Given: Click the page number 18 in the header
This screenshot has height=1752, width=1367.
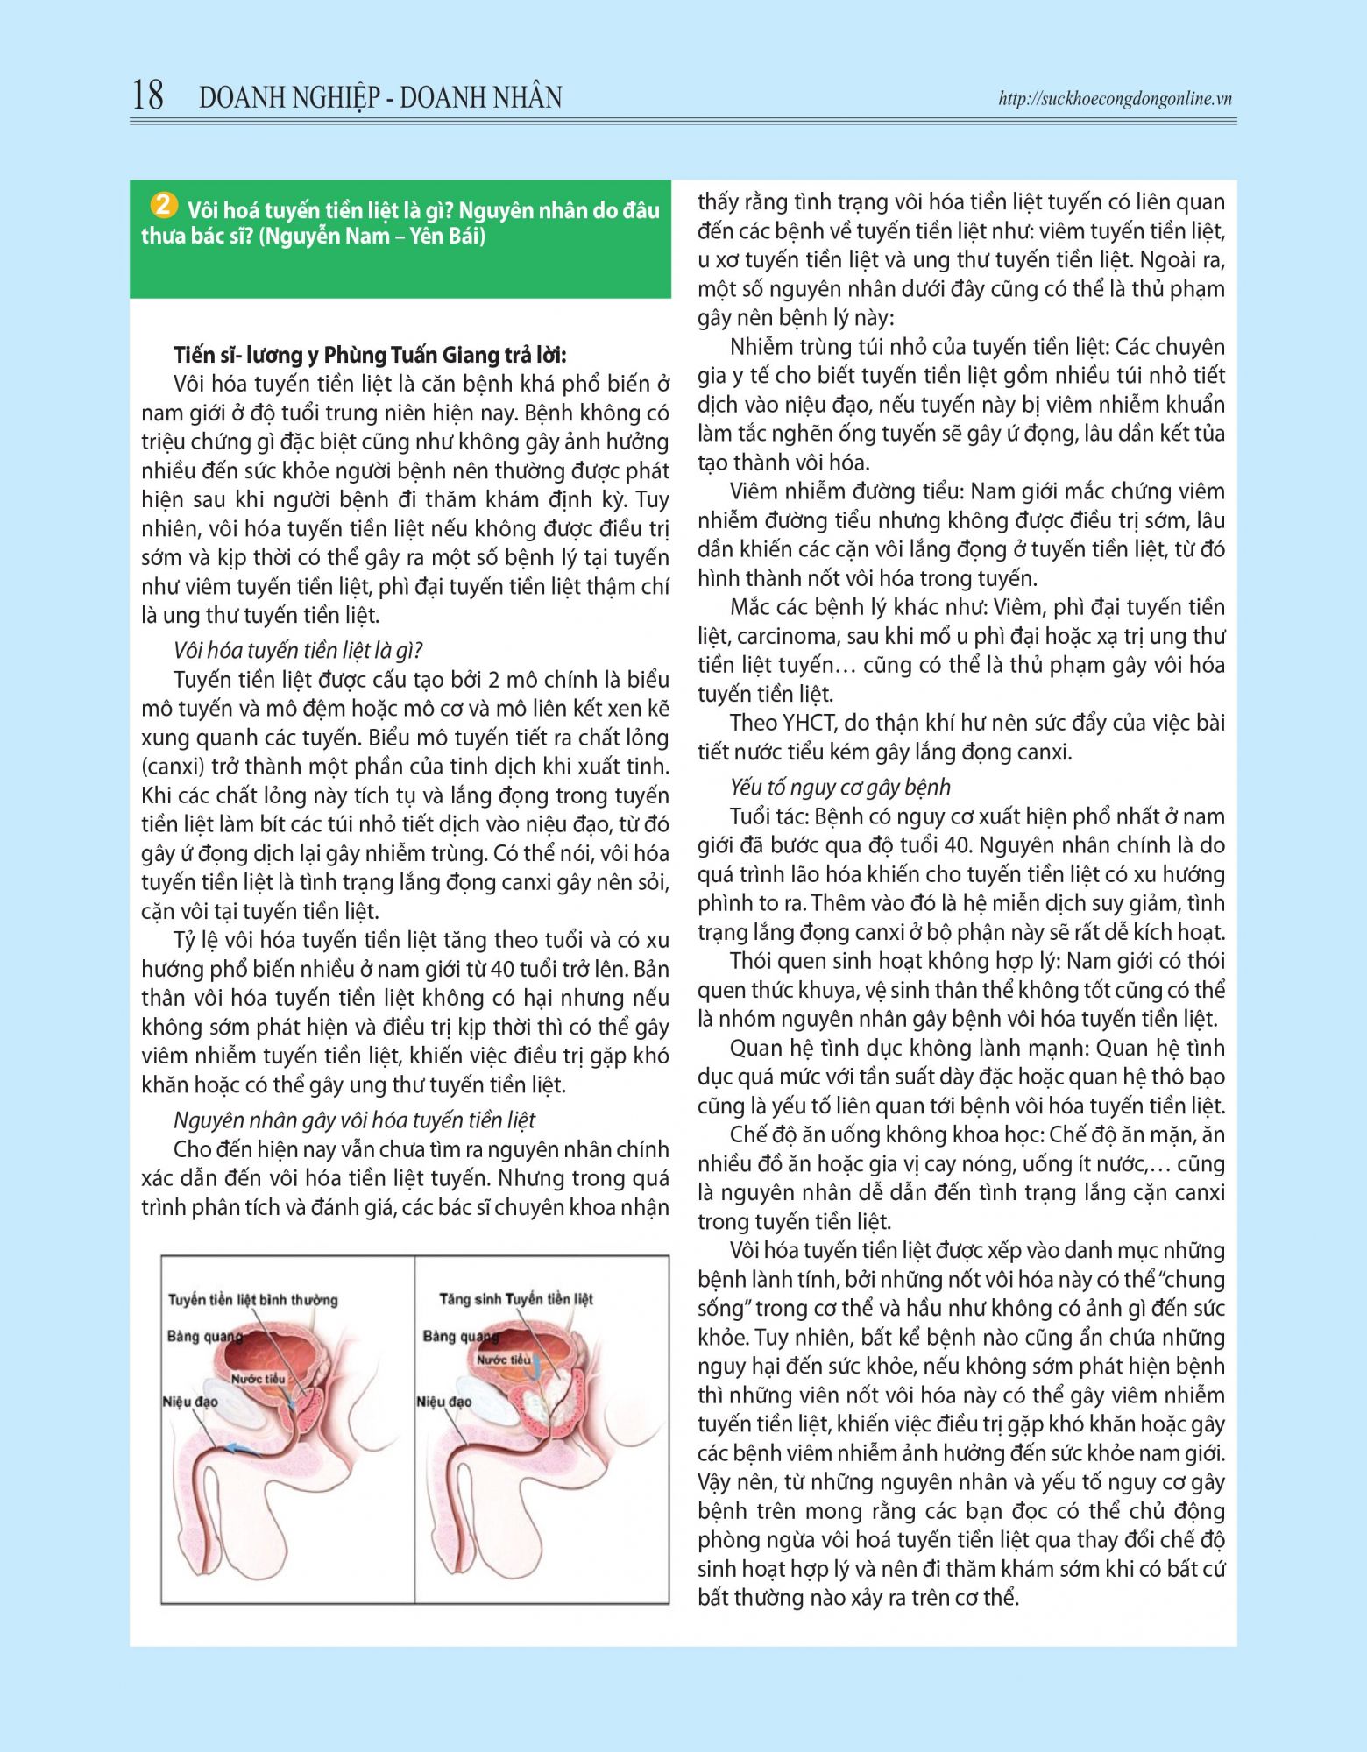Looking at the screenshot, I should coord(148,95).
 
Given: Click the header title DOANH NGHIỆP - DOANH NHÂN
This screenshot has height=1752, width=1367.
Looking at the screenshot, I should coord(380,97).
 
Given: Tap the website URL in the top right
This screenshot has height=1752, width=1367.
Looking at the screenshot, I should coord(1115,99).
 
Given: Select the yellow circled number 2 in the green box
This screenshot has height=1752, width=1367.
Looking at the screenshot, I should coord(163,205).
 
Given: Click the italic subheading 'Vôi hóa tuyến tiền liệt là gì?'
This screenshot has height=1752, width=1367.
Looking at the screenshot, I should coord(298,650).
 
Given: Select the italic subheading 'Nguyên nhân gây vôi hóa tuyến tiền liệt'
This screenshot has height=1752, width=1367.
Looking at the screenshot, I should coord(354,1120).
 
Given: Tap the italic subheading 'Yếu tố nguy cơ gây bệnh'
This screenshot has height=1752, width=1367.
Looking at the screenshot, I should coord(840,787).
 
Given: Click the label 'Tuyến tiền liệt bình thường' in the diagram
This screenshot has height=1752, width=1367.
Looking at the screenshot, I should coord(252,1299).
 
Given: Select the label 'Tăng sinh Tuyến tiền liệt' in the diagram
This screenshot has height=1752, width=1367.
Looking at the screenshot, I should coord(516,1298).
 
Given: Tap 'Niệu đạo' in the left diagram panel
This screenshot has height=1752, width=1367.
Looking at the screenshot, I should coord(189,1402).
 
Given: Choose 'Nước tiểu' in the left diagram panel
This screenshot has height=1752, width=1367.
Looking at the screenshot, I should coord(258,1379).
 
